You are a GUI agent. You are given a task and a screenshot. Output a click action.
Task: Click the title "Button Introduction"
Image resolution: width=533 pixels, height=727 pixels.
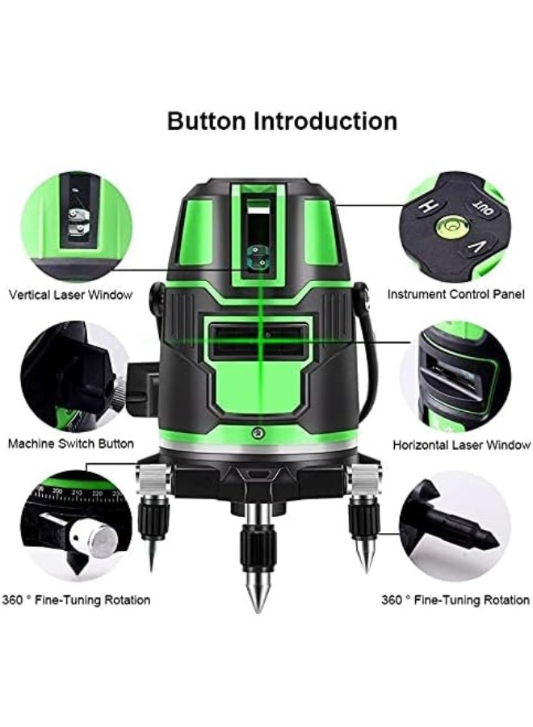point(282,121)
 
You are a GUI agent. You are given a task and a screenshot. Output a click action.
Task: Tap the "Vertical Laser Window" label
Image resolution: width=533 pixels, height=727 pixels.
point(70,295)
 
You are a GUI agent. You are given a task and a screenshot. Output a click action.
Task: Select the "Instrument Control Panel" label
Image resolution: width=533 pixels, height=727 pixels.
point(455,295)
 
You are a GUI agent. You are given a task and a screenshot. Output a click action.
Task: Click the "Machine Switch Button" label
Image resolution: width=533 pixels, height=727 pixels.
point(71,443)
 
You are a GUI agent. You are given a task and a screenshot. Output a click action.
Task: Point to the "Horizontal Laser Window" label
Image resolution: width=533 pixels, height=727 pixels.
point(461,444)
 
